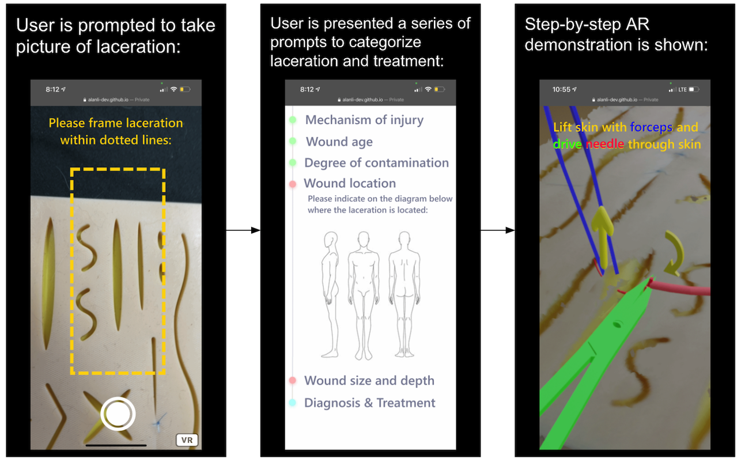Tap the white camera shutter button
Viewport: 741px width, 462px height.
[118, 414]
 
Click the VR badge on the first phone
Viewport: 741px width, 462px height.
[187, 440]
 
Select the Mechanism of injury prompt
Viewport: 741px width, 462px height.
[364, 120]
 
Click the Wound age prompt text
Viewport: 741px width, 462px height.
[339, 142]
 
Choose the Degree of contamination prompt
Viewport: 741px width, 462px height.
[376, 162]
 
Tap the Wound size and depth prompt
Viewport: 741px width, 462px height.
[369, 381]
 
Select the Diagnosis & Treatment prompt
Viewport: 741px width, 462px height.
[369, 403]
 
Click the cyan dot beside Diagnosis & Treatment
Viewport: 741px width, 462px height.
[292, 403]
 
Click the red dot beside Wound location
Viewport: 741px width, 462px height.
[292, 184]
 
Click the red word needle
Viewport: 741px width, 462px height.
[605, 144]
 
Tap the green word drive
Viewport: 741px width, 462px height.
[568, 144]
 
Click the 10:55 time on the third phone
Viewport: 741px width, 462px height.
[562, 89]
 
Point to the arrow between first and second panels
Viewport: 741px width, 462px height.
[243, 230]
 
